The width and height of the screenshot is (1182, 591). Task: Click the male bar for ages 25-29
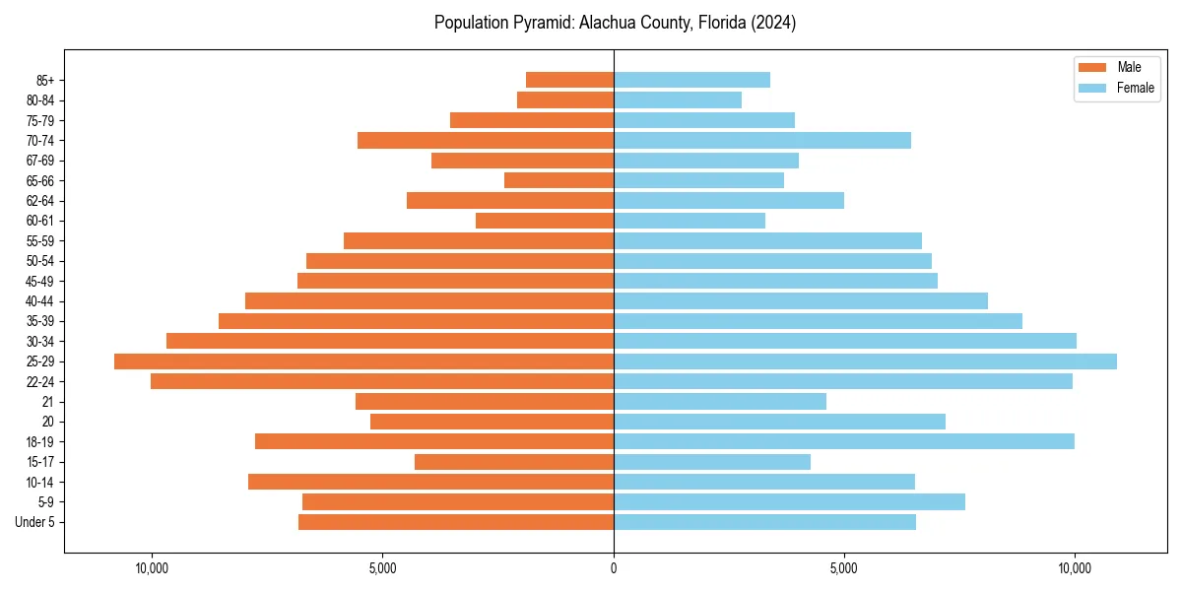(x=363, y=361)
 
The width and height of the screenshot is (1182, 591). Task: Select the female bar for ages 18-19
(x=843, y=441)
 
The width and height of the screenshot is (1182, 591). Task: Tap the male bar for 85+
(x=569, y=80)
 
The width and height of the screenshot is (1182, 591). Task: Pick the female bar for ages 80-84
(x=678, y=100)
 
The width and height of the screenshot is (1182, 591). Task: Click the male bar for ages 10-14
(x=430, y=482)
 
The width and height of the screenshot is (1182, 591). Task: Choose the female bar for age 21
(x=720, y=401)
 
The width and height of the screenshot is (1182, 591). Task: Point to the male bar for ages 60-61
(x=545, y=221)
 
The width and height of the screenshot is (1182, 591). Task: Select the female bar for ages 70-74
(x=762, y=141)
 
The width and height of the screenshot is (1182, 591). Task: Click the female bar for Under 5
(x=764, y=522)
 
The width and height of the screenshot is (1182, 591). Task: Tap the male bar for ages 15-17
(x=514, y=462)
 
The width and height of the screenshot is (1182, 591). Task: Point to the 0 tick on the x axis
(x=614, y=568)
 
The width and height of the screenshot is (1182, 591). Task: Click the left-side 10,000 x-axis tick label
(x=152, y=568)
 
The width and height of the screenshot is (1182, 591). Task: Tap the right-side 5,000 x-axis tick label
(x=844, y=568)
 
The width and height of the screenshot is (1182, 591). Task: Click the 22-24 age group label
(x=40, y=381)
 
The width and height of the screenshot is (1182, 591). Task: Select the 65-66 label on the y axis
(x=40, y=181)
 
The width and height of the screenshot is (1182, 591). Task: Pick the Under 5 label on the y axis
(x=34, y=522)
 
